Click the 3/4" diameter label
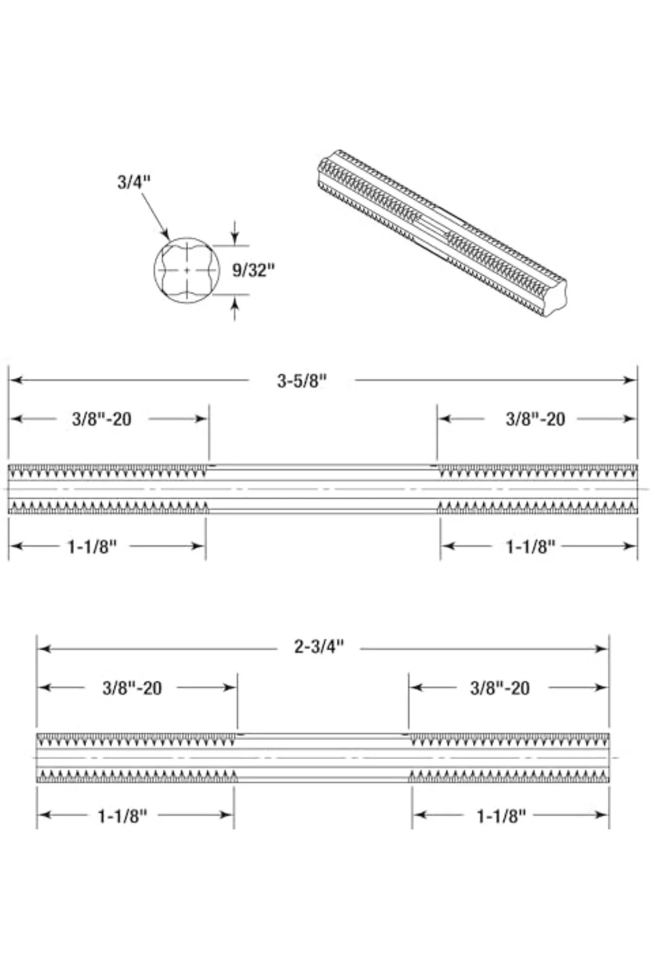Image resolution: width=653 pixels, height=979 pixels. [x=133, y=182]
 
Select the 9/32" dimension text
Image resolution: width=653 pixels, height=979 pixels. [x=254, y=270]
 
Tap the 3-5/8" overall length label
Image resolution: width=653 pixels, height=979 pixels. [x=302, y=381]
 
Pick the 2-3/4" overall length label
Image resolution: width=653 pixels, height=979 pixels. [x=319, y=647]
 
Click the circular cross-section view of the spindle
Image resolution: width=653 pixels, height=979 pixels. [x=187, y=270]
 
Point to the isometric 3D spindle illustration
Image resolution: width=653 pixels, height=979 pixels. [x=441, y=233]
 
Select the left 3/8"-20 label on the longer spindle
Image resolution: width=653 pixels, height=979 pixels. [x=102, y=419]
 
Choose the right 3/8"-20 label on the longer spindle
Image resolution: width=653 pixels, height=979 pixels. [x=535, y=419]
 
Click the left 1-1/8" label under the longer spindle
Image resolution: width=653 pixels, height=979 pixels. [x=93, y=546]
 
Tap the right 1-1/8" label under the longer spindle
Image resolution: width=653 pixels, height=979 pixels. [x=531, y=546]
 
